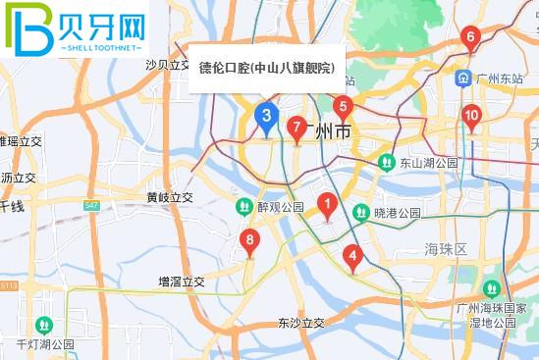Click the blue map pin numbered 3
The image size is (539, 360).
click(265, 117)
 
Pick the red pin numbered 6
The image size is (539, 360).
click(471, 40)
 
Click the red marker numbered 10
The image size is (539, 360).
click(472, 117)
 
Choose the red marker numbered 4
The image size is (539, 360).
click(351, 257)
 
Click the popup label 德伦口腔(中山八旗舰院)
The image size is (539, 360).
click(266, 68)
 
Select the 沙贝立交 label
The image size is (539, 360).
click(167, 65)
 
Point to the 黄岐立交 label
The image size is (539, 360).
click(170, 197)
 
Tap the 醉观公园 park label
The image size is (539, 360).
click(280, 208)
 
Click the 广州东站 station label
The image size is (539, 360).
click(502, 78)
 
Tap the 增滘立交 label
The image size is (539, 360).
click(182, 282)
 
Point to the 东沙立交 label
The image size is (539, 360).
click(300, 322)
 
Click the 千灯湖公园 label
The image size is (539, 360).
click(46, 344)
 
